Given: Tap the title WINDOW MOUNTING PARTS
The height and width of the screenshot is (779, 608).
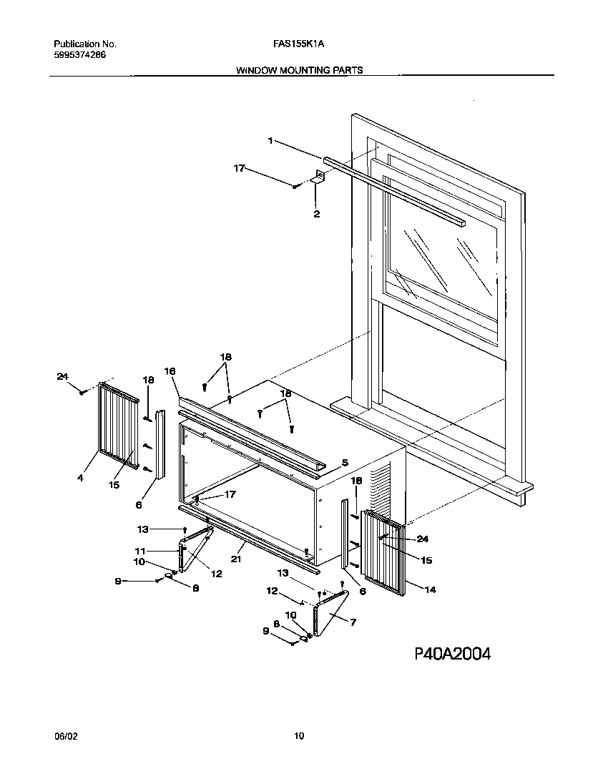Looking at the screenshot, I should pos(298,70).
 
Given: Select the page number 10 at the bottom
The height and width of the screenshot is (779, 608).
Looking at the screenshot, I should pos(299,735).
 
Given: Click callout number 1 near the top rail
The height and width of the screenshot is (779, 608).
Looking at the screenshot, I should pos(270,141).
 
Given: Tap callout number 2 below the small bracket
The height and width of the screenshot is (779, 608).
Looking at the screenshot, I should pos(316,213).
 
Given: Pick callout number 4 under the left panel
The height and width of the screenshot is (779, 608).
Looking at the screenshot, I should pos(80,478).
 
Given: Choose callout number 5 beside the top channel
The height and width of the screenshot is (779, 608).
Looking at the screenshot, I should pos(344,463).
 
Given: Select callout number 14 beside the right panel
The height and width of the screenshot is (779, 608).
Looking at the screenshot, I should pos(431,590).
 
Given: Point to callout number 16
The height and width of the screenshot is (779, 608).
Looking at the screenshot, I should pos(170,371).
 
